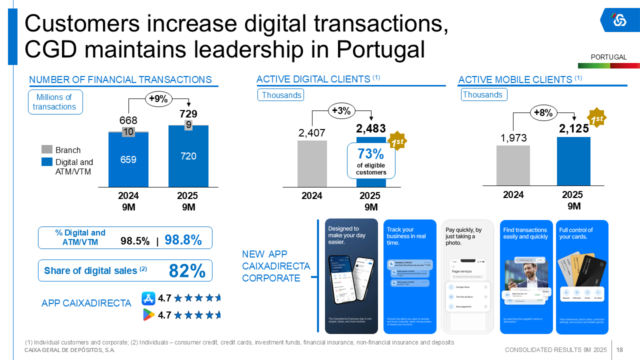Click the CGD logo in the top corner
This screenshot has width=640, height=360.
coord(619,20)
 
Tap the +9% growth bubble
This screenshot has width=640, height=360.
coord(158,99)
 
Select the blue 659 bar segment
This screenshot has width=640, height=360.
coord(128,160)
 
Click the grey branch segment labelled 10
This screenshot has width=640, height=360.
coord(128,131)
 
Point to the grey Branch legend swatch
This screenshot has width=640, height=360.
coord(46,149)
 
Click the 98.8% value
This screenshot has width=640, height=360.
coord(183,240)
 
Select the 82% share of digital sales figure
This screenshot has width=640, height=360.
coord(187,270)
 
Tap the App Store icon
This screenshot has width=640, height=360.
coord(148,298)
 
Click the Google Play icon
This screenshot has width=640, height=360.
coord(148,314)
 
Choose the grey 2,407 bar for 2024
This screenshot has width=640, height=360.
coord(312,163)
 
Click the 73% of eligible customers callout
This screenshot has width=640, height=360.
coord(370,160)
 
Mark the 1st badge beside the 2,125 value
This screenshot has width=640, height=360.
coord(596,118)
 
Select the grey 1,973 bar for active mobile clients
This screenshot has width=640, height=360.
coord(513,165)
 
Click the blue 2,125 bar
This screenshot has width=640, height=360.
coord(573,161)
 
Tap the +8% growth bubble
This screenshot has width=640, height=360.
coord(543,113)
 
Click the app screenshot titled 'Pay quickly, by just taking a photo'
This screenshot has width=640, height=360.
coord(467,276)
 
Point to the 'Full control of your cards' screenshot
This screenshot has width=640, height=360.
coord(582,276)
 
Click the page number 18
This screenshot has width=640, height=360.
coord(619,349)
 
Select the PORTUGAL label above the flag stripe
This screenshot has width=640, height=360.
coord(608,57)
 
